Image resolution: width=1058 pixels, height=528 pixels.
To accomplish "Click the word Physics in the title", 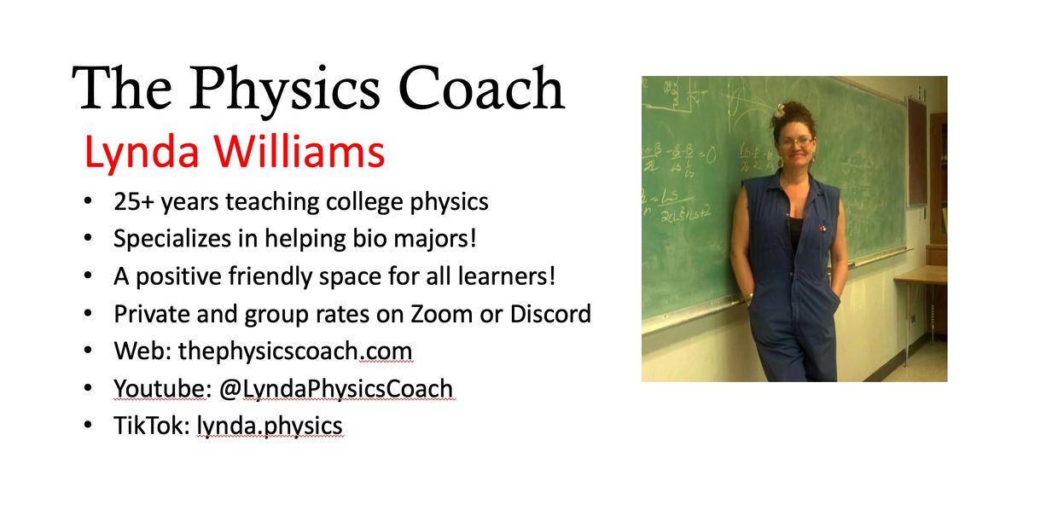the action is click(x=284, y=91).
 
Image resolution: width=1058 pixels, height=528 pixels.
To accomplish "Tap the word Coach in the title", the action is click(x=481, y=89).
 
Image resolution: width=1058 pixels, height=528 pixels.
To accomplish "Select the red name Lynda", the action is click(x=142, y=153).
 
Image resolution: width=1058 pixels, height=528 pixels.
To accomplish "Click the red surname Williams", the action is click(x=299, y=151).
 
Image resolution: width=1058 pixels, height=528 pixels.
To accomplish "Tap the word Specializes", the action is click(x=172, y=240).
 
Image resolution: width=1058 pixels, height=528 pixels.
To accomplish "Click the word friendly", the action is click(x=270, y=276).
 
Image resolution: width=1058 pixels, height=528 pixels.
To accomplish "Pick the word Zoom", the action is click(x=441, y=315).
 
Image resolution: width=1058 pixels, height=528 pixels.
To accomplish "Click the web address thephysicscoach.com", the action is click(x=295, y=351).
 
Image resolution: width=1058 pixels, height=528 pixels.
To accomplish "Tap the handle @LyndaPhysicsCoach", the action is click(x=336, y=390).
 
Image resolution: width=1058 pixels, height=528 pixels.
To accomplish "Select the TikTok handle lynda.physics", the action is click(x=270, y=426).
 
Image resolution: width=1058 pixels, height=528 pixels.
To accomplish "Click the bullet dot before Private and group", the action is click(x=88, y=313).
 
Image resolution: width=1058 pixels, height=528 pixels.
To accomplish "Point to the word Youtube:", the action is click(x=160, y=389).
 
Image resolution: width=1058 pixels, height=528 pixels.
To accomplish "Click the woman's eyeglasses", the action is click(x=797, y=142).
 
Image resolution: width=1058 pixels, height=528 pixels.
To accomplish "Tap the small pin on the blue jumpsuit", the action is click(x=823, y=229).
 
